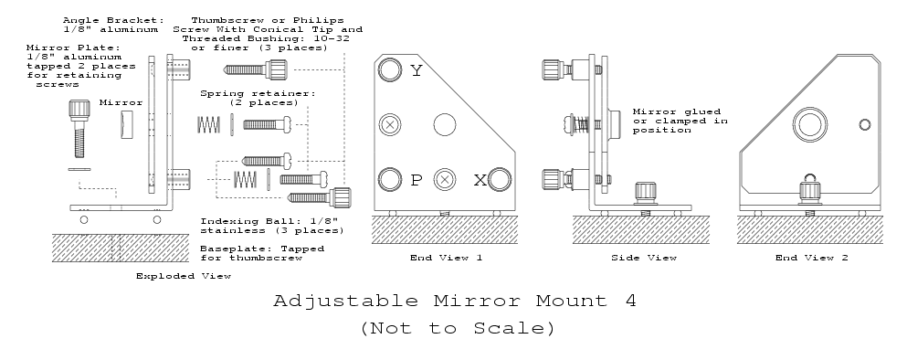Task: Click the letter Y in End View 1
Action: tap(417, 70)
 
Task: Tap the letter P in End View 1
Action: tap(416, 180)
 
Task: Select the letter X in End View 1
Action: tap(480, 181)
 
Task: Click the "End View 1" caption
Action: tap(446, 258)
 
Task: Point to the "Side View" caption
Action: tap(644, 258)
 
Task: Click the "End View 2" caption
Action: tap(812, 258)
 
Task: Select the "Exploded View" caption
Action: tap(184, 276)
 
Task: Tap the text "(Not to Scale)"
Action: tap(458, 328)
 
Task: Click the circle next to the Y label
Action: tap(390, 70)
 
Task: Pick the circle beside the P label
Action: tap(390, 179)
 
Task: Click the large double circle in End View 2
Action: tap(810, 124)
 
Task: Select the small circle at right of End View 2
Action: tap(865, 124)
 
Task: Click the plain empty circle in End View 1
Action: tap(445, 124)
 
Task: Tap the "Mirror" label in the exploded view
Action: tap(121, 102)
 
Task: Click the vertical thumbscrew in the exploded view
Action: tap(79, 129)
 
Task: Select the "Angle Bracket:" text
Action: tap(113, 20)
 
